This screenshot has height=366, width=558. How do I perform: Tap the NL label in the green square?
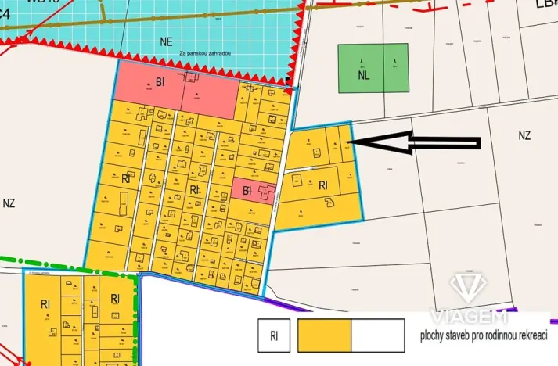(x=363, y=76)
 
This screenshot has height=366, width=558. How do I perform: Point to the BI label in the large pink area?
(x=161, y=81)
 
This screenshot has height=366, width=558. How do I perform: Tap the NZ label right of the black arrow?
(x=524, y=135)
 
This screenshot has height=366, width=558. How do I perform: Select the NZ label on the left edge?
(x=9, y=203)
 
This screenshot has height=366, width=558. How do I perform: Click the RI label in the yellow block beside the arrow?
(x=323, y=185)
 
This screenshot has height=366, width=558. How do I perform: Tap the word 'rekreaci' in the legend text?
(x=529, y=334)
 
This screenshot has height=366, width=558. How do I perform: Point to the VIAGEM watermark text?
(x=467, y=316)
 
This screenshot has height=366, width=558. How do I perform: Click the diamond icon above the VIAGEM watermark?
(x=467, y=287)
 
